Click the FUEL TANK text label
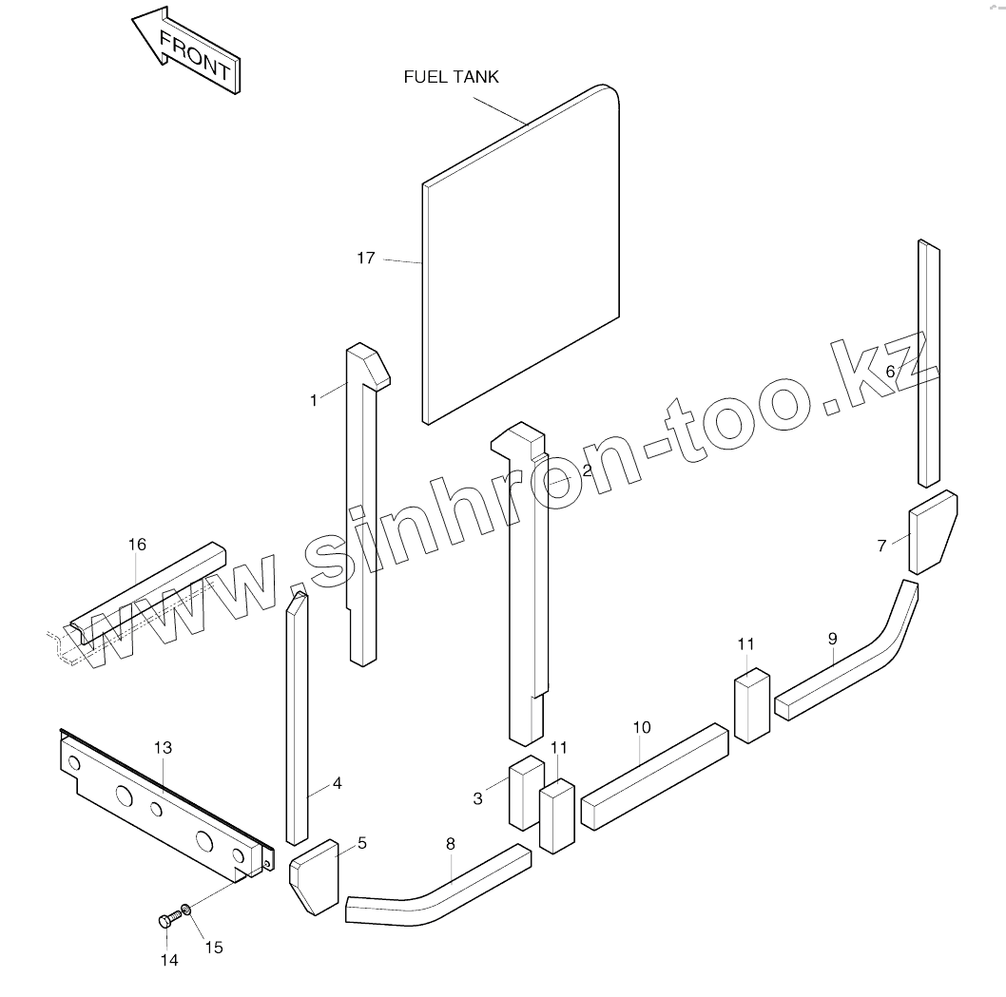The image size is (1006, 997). [x=451, y=77]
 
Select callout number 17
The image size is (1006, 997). [x=366, y=258]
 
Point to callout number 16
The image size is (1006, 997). [x=137, y=545]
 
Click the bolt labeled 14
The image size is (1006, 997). [x=166, y=920]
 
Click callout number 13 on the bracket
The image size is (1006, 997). [x=163, y=748]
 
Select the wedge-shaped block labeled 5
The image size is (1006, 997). [x=314, y=877]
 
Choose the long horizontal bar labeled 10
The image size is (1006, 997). [x=654, y=775]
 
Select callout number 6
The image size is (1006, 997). [x=890, y=371]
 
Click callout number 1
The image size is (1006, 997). [x=314, y=400]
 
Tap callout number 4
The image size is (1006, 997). [x=337, y=784]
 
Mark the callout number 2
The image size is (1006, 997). [x=587, y=470]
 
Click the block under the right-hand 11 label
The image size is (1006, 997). [x=750, y=705]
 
